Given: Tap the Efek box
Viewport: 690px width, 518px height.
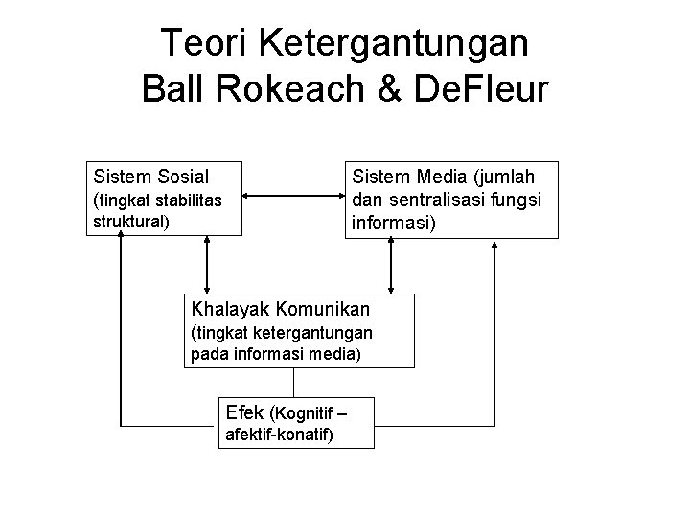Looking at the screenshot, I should pos(296,422).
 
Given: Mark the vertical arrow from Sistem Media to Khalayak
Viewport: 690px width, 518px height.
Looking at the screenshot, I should pos(390,266).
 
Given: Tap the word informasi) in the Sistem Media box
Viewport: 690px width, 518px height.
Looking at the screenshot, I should pos(394,224).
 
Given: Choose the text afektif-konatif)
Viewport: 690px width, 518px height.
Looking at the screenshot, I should pos(279,436).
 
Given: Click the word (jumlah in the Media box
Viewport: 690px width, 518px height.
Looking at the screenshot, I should pos(499,177).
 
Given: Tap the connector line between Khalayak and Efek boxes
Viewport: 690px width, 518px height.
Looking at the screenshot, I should pos(293,382).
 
